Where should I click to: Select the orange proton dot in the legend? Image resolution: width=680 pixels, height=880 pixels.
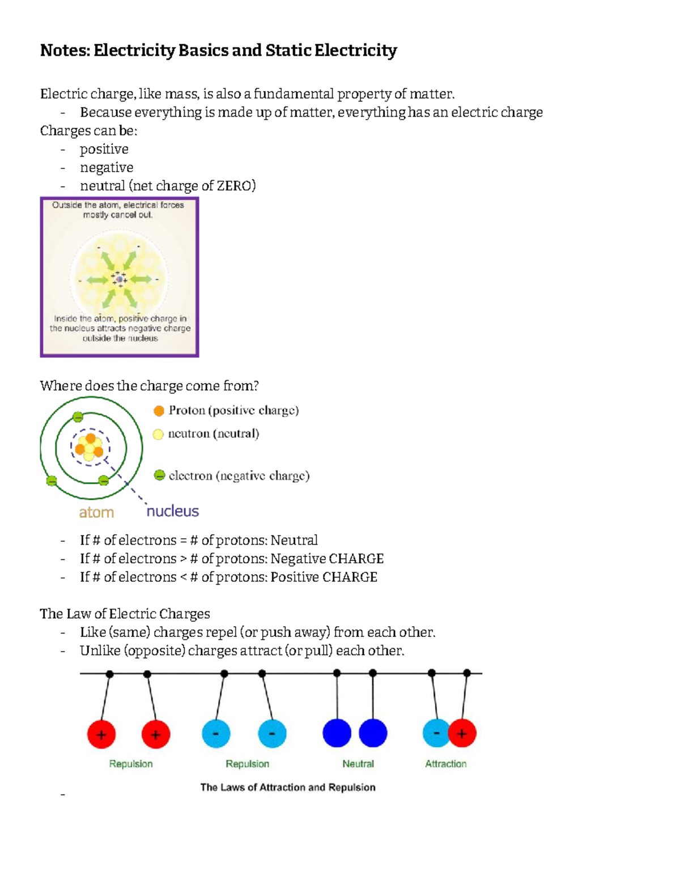[159, 411]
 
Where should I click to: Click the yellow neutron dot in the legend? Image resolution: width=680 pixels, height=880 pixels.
[158, 434]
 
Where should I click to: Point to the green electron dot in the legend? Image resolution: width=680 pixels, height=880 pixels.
[160, 475]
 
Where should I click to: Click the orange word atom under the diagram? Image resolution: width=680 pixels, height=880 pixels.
[96, 512]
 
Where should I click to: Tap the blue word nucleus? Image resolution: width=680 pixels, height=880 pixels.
[173, 511]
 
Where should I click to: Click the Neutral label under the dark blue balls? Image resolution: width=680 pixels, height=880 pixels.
[358, 764]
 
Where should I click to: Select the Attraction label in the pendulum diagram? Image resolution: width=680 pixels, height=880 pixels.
[446, 764]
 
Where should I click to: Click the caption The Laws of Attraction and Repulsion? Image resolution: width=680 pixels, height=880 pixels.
[288, 787]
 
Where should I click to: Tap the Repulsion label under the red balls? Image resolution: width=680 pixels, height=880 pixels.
[131, 764]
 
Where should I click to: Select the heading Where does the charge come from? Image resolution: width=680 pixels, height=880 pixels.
[150, 386]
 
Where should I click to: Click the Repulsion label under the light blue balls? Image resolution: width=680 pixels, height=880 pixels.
[248, 764]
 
